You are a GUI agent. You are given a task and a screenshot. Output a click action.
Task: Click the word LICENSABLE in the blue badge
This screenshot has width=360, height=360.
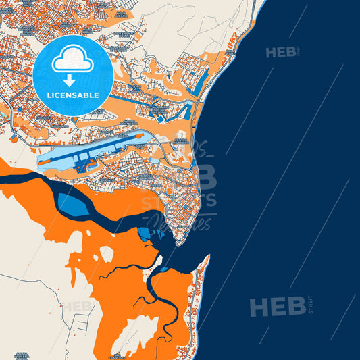point(73,95)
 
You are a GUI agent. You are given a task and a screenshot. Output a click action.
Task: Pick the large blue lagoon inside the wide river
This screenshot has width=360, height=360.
point(73,205)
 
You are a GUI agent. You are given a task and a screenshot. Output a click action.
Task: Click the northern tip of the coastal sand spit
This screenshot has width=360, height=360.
point(207,257)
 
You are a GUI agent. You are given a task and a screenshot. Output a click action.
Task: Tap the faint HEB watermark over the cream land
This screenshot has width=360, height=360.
point(78,306)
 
